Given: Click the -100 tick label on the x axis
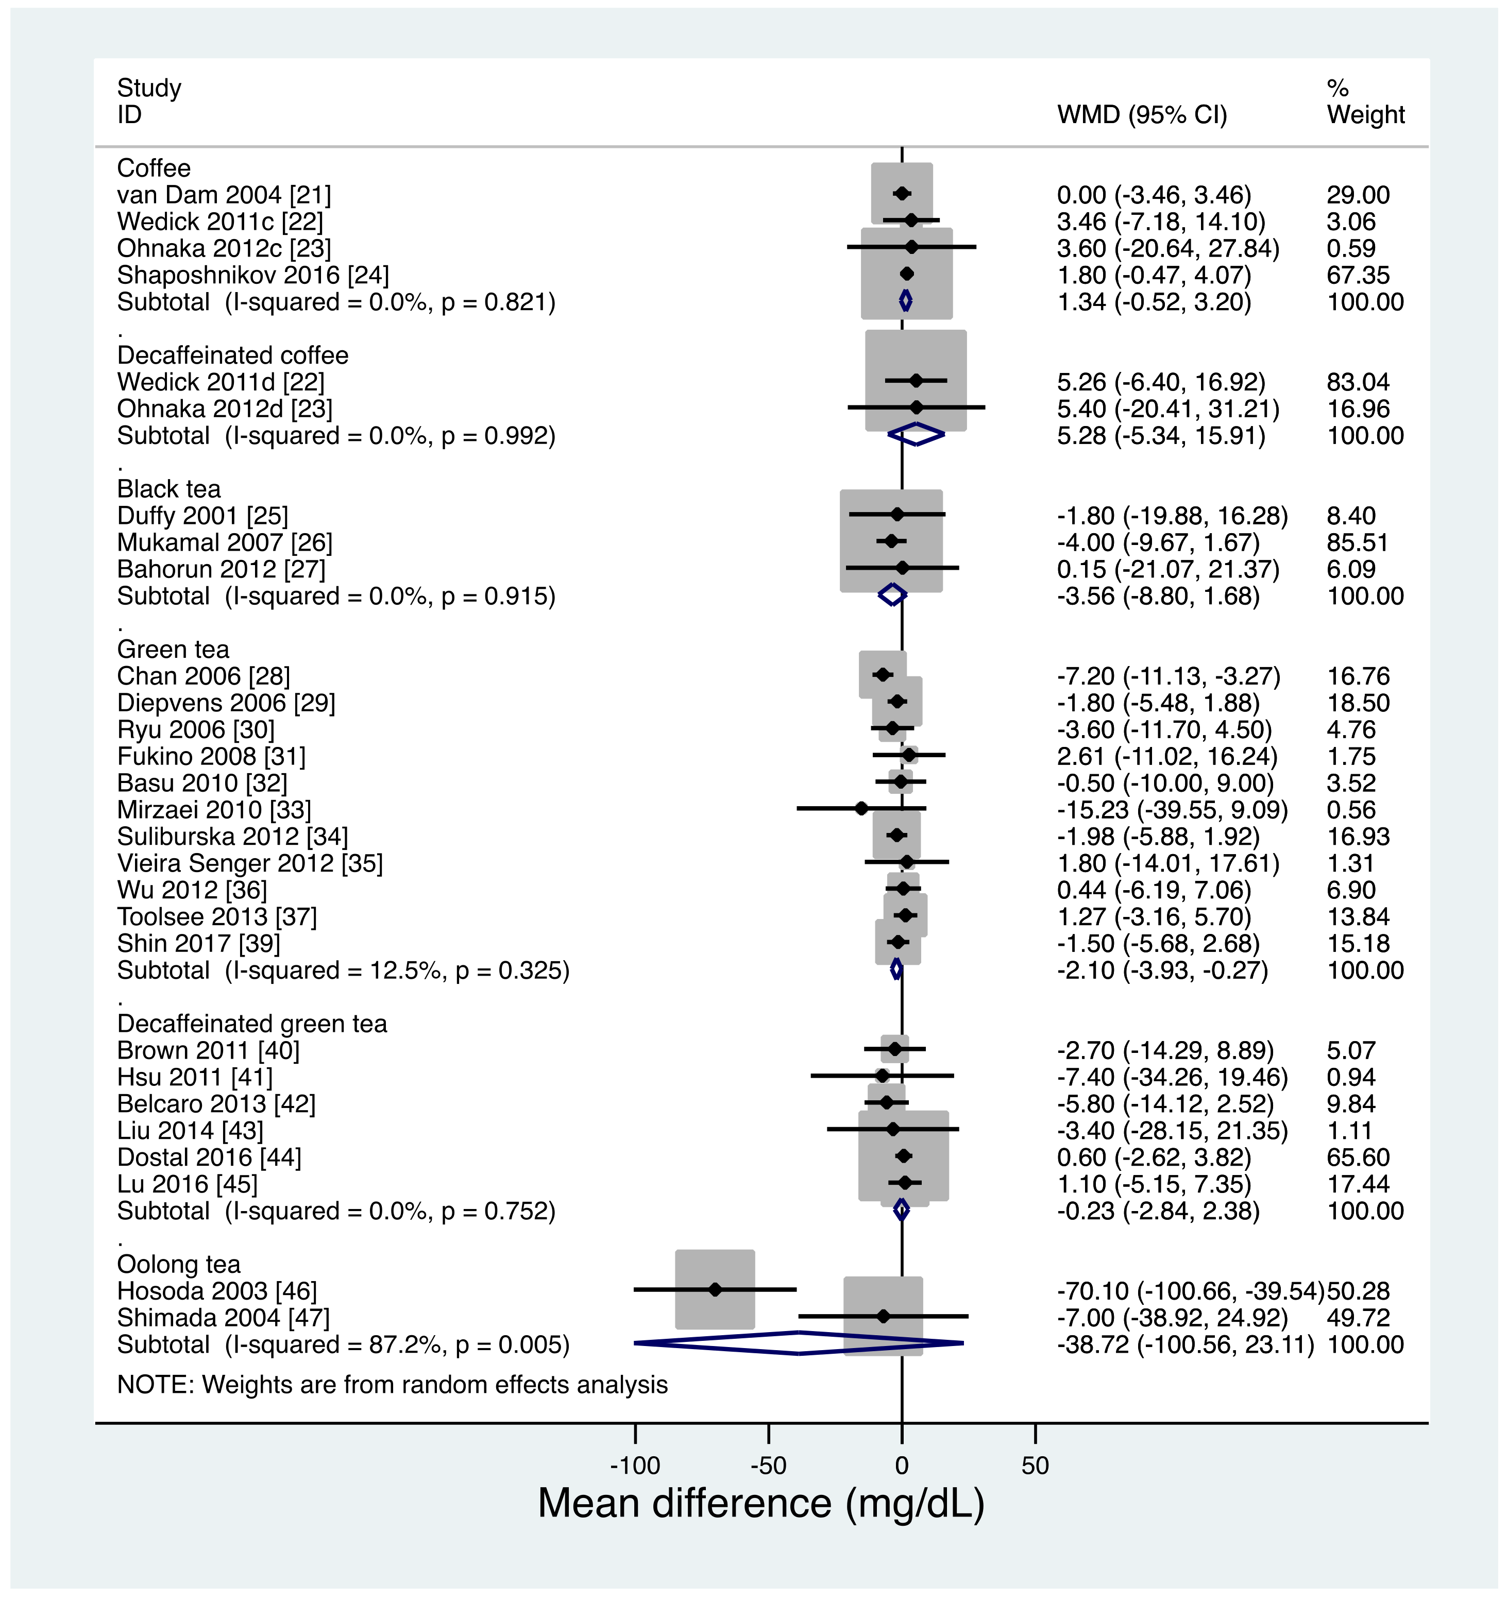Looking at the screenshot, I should (x=635, y=1465).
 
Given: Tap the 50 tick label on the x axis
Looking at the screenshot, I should (x=1035, y=1465).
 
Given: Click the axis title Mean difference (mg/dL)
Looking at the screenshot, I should (x=761, y=1504).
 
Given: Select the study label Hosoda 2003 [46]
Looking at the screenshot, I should (x=217, y=1291).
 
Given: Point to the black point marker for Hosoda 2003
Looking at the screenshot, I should (x=715, y=1289).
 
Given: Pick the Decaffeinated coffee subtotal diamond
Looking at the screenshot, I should (x=916, y=435).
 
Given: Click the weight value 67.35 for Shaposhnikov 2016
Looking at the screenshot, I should (x=1358, y=276).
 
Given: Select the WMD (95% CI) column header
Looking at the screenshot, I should (x=1142, y=115).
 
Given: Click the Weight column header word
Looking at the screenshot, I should (x=1365, y=115).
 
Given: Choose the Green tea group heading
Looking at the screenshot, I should (x=173, y=649).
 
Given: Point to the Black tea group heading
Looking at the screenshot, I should (x=168, y=489).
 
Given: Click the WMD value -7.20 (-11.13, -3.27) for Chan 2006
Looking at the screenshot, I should (x=1169, y=676).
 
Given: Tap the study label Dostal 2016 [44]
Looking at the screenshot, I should (x=209, y=1157).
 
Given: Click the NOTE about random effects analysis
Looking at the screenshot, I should (x=392, y=1384).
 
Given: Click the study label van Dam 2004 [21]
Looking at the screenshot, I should (x=224, y=195).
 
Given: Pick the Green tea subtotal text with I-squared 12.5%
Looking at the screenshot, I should (x=343, y=970).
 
